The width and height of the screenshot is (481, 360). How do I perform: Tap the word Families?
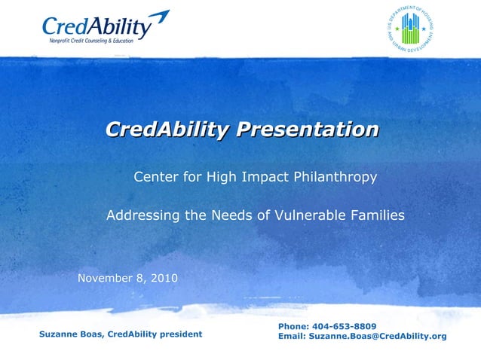click(x=378, y=215)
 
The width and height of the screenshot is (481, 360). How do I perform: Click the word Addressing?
click(x=144, y=215)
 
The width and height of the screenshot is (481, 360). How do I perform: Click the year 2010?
click(x=164, y=278)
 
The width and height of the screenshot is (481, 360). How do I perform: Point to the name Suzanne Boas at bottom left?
click(x=72, y=334)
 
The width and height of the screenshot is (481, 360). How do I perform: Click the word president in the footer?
click(x=179, y=334)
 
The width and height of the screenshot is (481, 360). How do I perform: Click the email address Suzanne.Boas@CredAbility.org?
click(x=378, y=336)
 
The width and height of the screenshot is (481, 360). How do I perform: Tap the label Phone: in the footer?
click(x=293, y=326)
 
